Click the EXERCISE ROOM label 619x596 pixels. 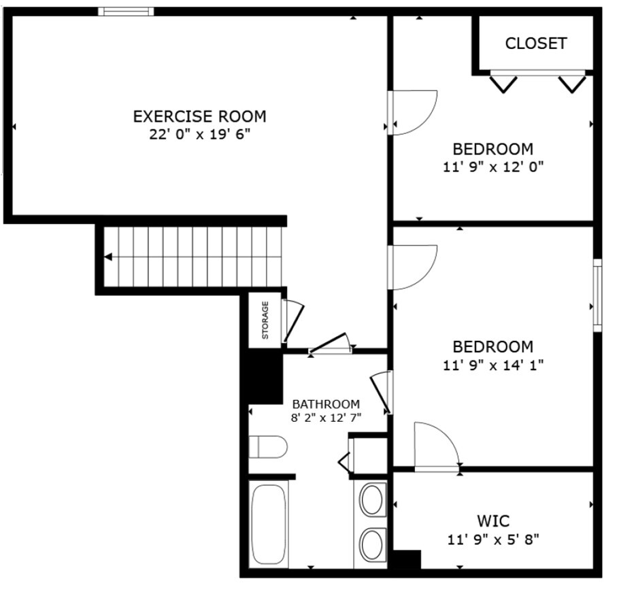[x=199, y=116]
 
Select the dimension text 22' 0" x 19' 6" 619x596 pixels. [x=199, y=134]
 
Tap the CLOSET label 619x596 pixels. [x=535, y=44]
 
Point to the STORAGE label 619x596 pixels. [x=265, y=320]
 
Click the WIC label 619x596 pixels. [x=493, y=522]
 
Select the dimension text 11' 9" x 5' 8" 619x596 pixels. [x=493, y=540]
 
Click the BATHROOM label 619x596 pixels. [x=326, y=403]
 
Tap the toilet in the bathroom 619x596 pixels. [x=267, y=447]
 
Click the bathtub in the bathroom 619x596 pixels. [x=268, y=523]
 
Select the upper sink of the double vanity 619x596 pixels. [x=371, y=500]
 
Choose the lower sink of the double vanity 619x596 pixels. [x=371, y=544]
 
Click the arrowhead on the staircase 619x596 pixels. [x=108, y=257]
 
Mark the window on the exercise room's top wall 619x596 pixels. [x=125, y=11]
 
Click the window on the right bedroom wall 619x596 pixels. [x=597, y=295]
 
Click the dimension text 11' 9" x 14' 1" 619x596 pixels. [x=493, y=365]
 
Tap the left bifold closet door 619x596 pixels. [x=503, y=83]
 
